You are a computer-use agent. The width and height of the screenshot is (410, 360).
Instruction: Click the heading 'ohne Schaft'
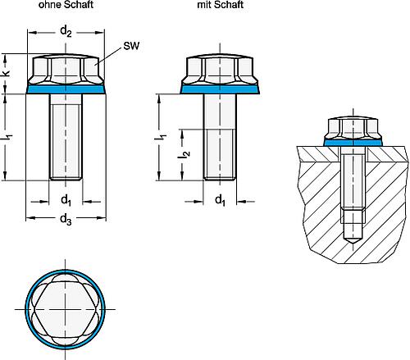tap(66, 5)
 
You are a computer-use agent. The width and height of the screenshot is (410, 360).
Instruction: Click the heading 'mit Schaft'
tap(221, 5)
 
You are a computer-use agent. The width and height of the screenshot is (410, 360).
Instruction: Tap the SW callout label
tap(131, 46)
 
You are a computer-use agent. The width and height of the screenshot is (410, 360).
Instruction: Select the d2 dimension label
tap(66, 32)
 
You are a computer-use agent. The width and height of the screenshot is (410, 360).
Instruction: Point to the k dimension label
tap(6, 73)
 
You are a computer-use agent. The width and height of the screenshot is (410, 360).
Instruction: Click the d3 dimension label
tap(66, 219)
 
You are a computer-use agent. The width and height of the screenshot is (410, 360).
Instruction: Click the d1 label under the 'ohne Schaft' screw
tap(66, 200)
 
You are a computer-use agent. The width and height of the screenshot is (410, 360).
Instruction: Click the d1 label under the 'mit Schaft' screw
tap(221, 200)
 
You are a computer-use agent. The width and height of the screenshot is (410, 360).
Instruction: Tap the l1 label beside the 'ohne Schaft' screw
tap(7, 138)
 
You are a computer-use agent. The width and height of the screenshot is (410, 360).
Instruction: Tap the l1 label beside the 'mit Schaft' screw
tap(161, 138)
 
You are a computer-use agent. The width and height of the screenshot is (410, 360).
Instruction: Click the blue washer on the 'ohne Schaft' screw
tap(66, 89)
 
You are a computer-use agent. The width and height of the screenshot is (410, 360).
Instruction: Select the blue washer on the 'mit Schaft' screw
tap(220, 89)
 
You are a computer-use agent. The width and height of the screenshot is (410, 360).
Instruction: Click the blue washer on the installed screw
tap(353, 143)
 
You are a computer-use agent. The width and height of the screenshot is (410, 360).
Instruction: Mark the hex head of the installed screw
tap(353, 127)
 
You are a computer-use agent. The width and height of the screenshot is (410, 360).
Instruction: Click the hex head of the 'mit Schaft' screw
tap(220, 70)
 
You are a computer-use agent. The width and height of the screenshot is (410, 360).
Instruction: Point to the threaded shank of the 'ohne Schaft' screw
tap(66, 137)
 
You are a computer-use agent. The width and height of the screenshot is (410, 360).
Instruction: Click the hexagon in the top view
tap(66, 309)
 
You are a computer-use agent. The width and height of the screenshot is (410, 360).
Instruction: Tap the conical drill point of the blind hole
tap(353, 240)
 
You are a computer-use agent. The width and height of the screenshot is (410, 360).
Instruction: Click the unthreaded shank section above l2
tap(220, 112)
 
